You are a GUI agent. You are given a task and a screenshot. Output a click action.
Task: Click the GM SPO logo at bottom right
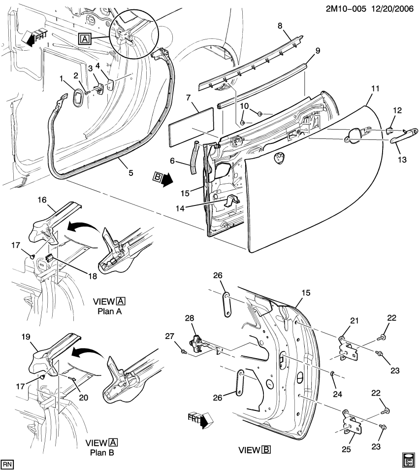click(408, 459)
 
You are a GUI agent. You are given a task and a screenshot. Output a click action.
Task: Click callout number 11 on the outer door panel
click(375, 89)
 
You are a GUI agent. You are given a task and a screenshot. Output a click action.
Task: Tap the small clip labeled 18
click(49, 258)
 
